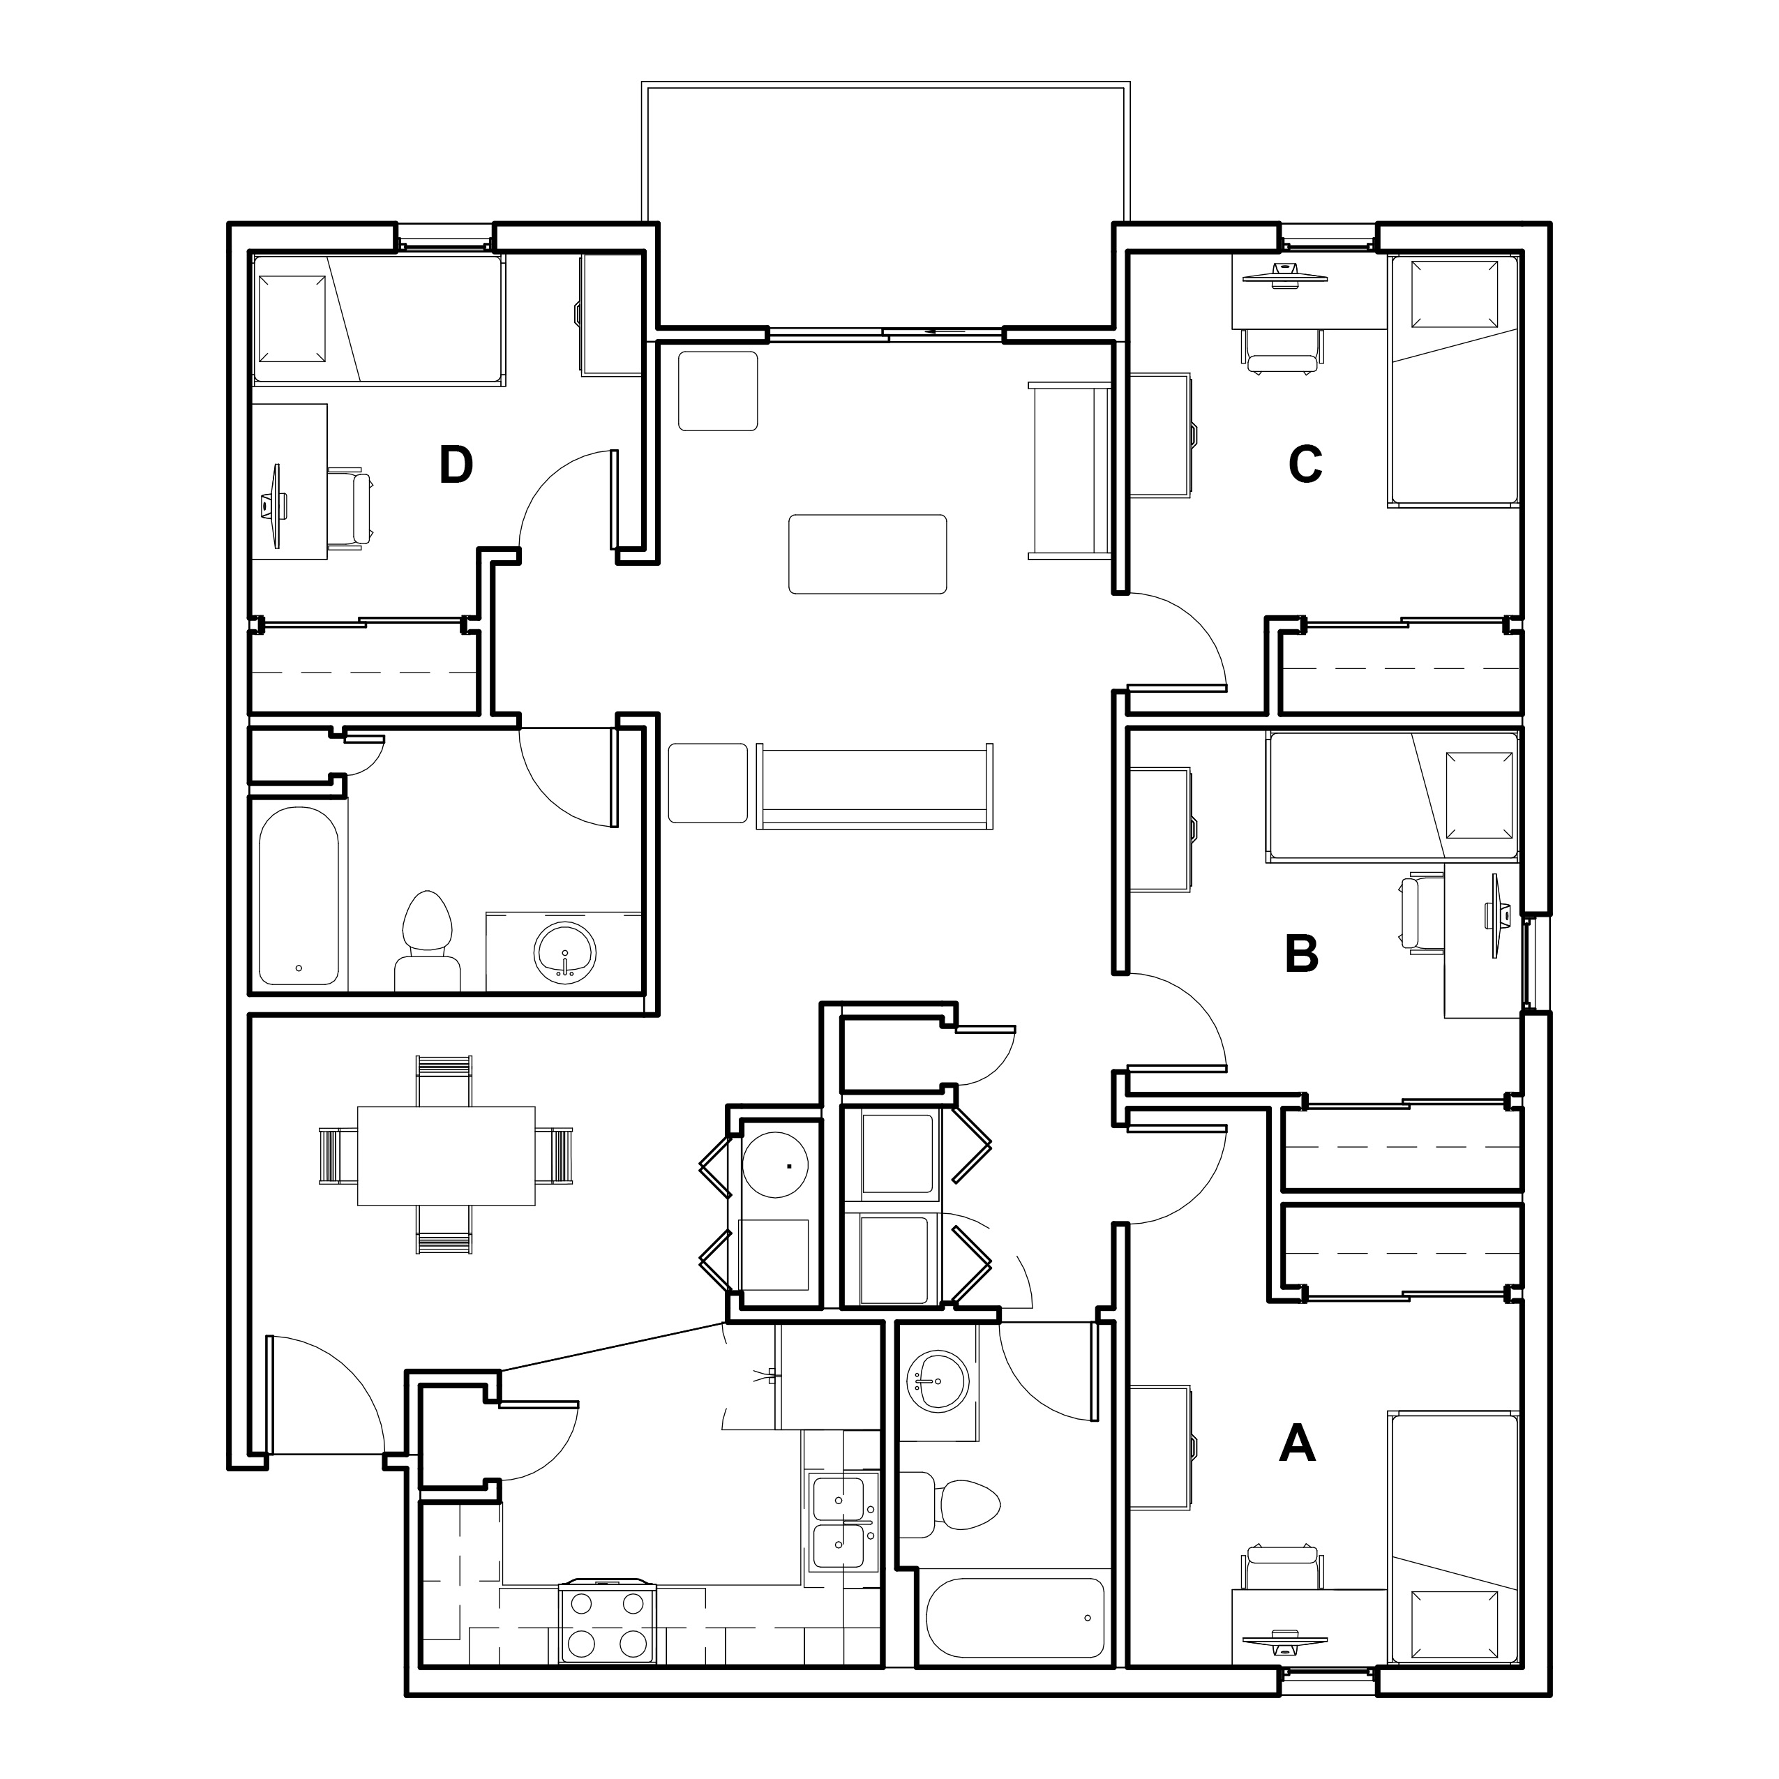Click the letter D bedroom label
click(x=456, y=465)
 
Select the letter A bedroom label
click(x=1298, y=1443)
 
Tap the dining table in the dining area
click(x=446, y=1155)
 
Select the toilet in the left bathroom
click(x=427, y=940)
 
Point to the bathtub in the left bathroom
click(x=299, y=895)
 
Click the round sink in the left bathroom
click(x=565, y=951)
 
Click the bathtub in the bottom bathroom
click(x=1015, y=1618)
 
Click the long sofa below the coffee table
click(x=875, y=786)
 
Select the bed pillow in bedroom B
click(x=1480, y=795)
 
